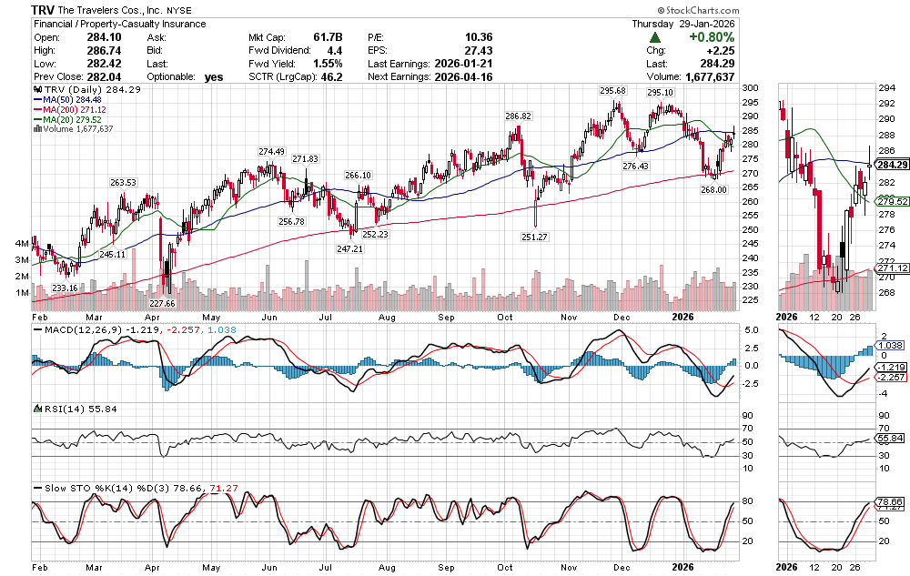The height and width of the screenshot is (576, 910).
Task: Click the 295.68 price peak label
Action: pyautogui.click(x=612, y=91)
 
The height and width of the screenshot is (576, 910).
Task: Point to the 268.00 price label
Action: pyautogui.click(x=714, y=189)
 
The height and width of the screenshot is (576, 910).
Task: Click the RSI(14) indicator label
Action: pyautogui.click(x=58, y=411)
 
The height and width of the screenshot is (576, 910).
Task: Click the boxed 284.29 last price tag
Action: pyautogui.click(x=888, y=165)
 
